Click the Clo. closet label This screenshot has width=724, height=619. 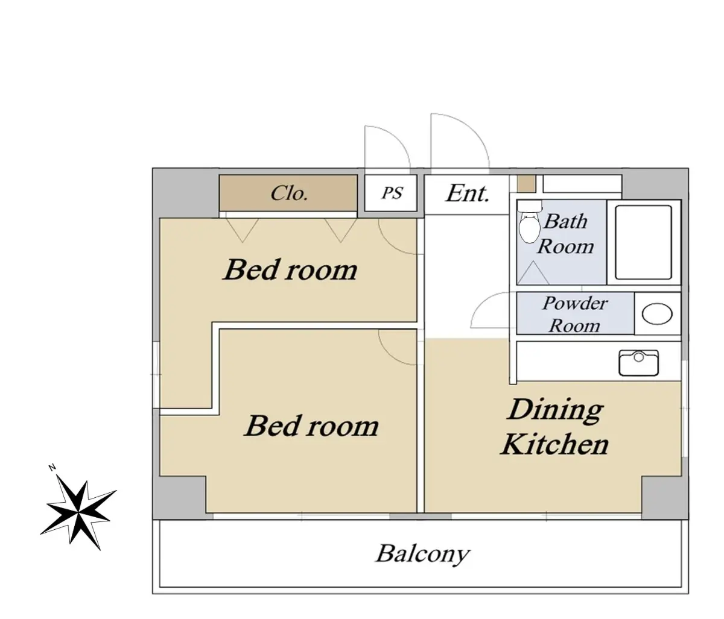tap(290, 193)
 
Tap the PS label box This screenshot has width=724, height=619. tap(390, 193)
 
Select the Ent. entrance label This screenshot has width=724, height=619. tap(467, 193)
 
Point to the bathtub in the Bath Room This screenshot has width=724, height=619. tap(644, 242)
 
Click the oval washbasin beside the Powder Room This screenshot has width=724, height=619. tap(657, 313)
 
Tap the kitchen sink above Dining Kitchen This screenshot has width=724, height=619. tap(638, 363)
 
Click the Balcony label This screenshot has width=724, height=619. tap(422, 553)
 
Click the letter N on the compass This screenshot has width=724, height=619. tap(52, 468)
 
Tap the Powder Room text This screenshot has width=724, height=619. tap(575, 315)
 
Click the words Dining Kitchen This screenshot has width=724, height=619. tap(555, 427)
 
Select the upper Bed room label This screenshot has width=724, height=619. tap(290, 269)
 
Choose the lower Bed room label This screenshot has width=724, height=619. tap(311, 426)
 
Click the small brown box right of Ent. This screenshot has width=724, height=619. tap(527, 184)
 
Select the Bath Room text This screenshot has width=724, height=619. tap(566, 234)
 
